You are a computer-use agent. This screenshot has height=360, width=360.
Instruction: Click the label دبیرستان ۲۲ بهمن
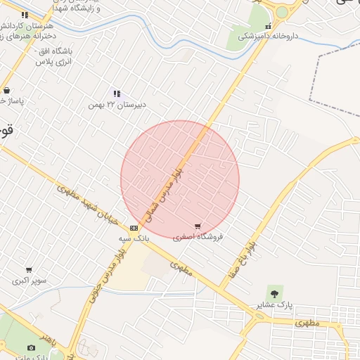(117, 105)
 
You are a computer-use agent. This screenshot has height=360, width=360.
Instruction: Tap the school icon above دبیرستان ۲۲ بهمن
(117, 94)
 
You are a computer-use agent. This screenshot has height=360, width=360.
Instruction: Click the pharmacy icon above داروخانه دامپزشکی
(268, 26)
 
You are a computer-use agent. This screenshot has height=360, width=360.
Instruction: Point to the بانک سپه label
(134, 238)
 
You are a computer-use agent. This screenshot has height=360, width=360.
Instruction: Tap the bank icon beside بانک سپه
(134, 228)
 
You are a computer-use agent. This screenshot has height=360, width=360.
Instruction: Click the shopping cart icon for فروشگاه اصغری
(198, 226)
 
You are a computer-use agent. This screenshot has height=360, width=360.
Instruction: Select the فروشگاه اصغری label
(198, 238)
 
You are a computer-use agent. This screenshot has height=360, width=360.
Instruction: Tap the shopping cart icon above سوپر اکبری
(29, 270)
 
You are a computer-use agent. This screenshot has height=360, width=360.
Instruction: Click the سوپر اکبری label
(29, 281)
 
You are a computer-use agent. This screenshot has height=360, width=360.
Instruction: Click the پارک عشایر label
(274, 305)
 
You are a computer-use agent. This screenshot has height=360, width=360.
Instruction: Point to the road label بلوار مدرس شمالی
(162, 191)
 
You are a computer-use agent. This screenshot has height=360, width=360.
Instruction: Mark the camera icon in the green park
(31, 347)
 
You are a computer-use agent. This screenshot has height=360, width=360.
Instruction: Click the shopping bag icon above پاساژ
(6, 91)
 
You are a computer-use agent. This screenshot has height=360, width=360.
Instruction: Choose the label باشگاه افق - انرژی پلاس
(53, 56)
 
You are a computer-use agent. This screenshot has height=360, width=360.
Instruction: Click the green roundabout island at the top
(282, 12)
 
